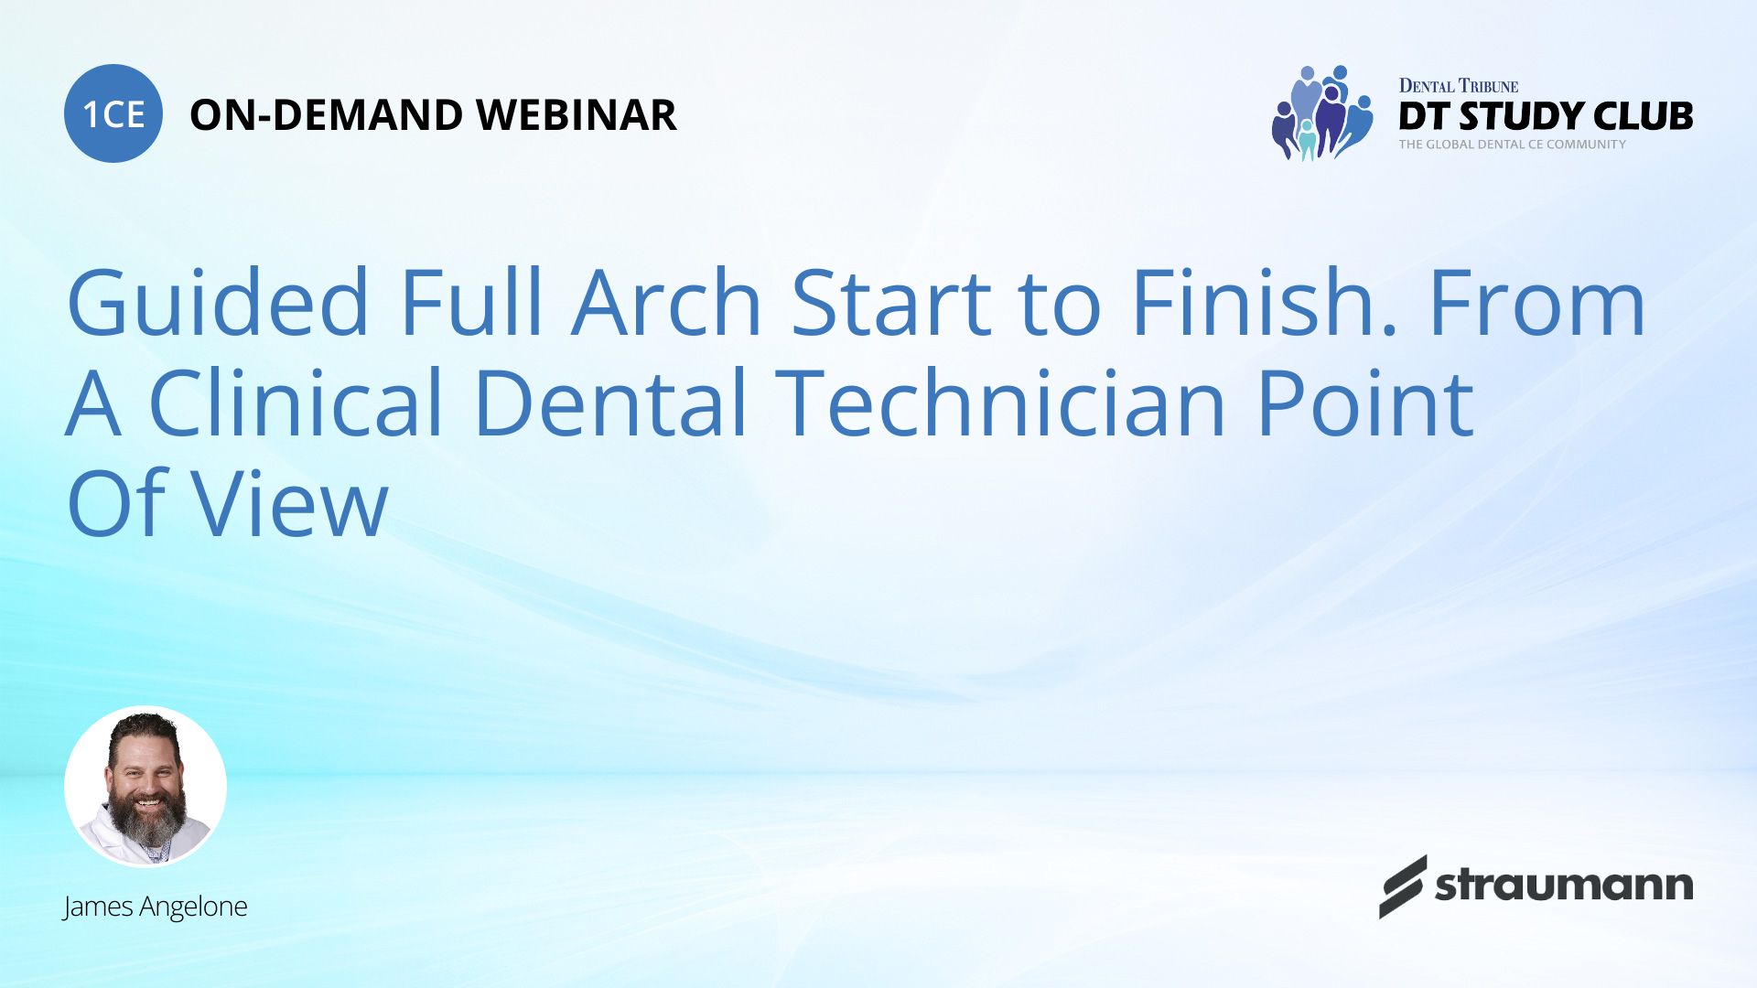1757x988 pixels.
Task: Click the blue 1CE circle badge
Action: (x=113, y=113)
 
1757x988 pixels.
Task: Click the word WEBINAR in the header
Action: (x=577, y=115)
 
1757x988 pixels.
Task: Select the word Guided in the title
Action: (x=218, y=302)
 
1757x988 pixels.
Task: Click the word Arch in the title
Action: (x=667, y=302)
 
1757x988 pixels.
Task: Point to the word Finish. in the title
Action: (x=1264, y=302)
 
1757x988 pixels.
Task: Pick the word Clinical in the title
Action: (x=296, y=403)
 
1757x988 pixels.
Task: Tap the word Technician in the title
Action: (x=1005, y=403)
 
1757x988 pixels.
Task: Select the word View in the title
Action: (x=288, y=503)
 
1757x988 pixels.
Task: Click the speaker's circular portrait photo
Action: (x=146, y=787)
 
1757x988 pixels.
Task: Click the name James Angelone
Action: (x=155, y=907)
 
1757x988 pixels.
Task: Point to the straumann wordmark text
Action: (x=1564, y=886)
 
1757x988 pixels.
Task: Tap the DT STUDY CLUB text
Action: (x=1546, y=116)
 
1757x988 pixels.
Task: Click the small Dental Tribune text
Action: (x=1459, y=86)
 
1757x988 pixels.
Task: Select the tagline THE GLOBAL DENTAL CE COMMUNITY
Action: (x=1513, y=145)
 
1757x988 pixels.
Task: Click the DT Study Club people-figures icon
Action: (x=1322, y=113)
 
